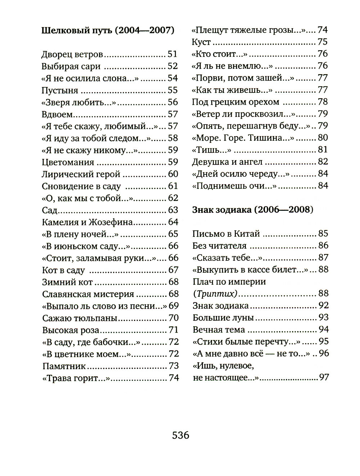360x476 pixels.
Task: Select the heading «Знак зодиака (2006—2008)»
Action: [x=253, y=210]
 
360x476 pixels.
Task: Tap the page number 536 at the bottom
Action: [x=180, y=435]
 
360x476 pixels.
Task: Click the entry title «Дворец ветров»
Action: [x=72, y=55]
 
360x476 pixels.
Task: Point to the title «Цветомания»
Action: [x=68, y=163]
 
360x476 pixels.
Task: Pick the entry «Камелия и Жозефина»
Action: [x=87, y=222]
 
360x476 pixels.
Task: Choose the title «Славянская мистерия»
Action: [x=88, y=294]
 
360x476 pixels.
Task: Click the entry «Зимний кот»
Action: [x=67, y=282]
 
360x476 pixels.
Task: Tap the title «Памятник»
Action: [x=64, y=366]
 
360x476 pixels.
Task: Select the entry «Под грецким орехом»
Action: [x=235, y=102]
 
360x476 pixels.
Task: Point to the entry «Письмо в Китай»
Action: [x=226, y=234]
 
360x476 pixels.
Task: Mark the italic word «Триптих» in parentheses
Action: [x=216, y=294]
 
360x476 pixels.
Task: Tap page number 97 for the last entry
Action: [x=324, y=378]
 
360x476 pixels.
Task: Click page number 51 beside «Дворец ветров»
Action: [x=173, y=55]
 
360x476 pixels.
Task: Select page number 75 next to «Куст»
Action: [x=323, y=42]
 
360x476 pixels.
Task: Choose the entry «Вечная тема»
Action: [x=219, y=330]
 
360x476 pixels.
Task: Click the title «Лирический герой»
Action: [x=81, y=174]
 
